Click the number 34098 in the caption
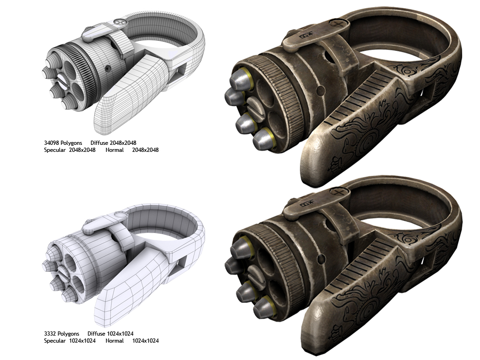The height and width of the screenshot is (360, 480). pos(52,142)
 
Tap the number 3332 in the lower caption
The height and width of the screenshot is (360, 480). pos(51,333)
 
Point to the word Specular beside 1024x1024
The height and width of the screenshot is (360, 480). pos(55,341)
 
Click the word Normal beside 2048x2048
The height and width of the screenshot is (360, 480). pos(115,150)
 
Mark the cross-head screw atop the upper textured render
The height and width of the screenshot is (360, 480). pos(336,22)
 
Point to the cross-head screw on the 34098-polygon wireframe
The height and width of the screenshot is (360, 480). pos(121,22)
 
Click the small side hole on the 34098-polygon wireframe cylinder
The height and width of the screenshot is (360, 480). pos(108,68)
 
